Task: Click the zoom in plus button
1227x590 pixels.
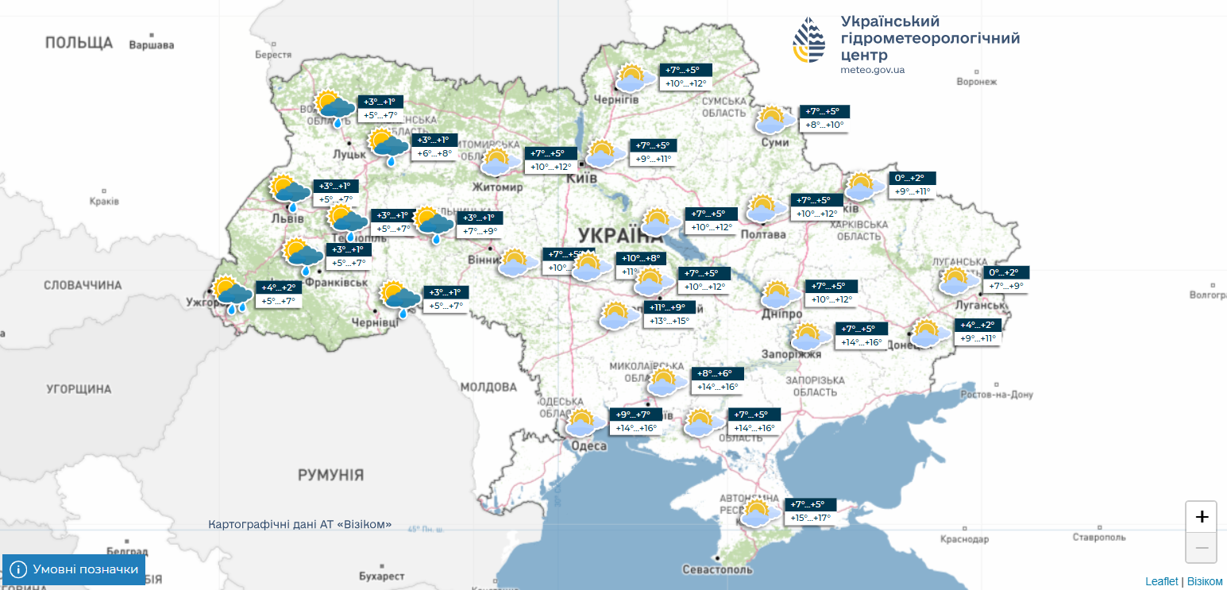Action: (x=1202, y=517)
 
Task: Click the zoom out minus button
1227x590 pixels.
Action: (x=1202, y=548)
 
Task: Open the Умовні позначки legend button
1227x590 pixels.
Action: (x=74, y=569)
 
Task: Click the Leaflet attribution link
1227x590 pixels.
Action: (x=1162, y=581)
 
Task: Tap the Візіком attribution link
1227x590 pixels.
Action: (x=1205, y=581)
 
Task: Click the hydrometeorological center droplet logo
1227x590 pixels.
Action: (x=810, y=40)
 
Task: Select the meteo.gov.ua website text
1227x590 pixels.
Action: (x=872, y=70)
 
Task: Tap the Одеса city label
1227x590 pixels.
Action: (x=589, y=446)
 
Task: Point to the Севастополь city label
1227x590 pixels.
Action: (x=717, y=569)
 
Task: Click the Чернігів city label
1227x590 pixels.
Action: (x=616, y=99)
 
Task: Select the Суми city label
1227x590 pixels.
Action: (x=775, y=142)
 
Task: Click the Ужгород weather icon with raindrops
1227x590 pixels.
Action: (x=231, y=294)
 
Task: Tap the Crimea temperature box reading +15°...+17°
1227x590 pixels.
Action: (x=810, y=518)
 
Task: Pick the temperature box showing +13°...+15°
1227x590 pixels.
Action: (x=669, y=321)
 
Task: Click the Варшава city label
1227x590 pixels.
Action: (x=151, y=45)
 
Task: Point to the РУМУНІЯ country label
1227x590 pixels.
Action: (x=330, y=475)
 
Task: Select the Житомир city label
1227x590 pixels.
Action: (x=498, y=187)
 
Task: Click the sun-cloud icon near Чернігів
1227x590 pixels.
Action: (x=635, y=79)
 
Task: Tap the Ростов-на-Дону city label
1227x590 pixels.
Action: (x=996, y=395)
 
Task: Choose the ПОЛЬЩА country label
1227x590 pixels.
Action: (x=79, y=43)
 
